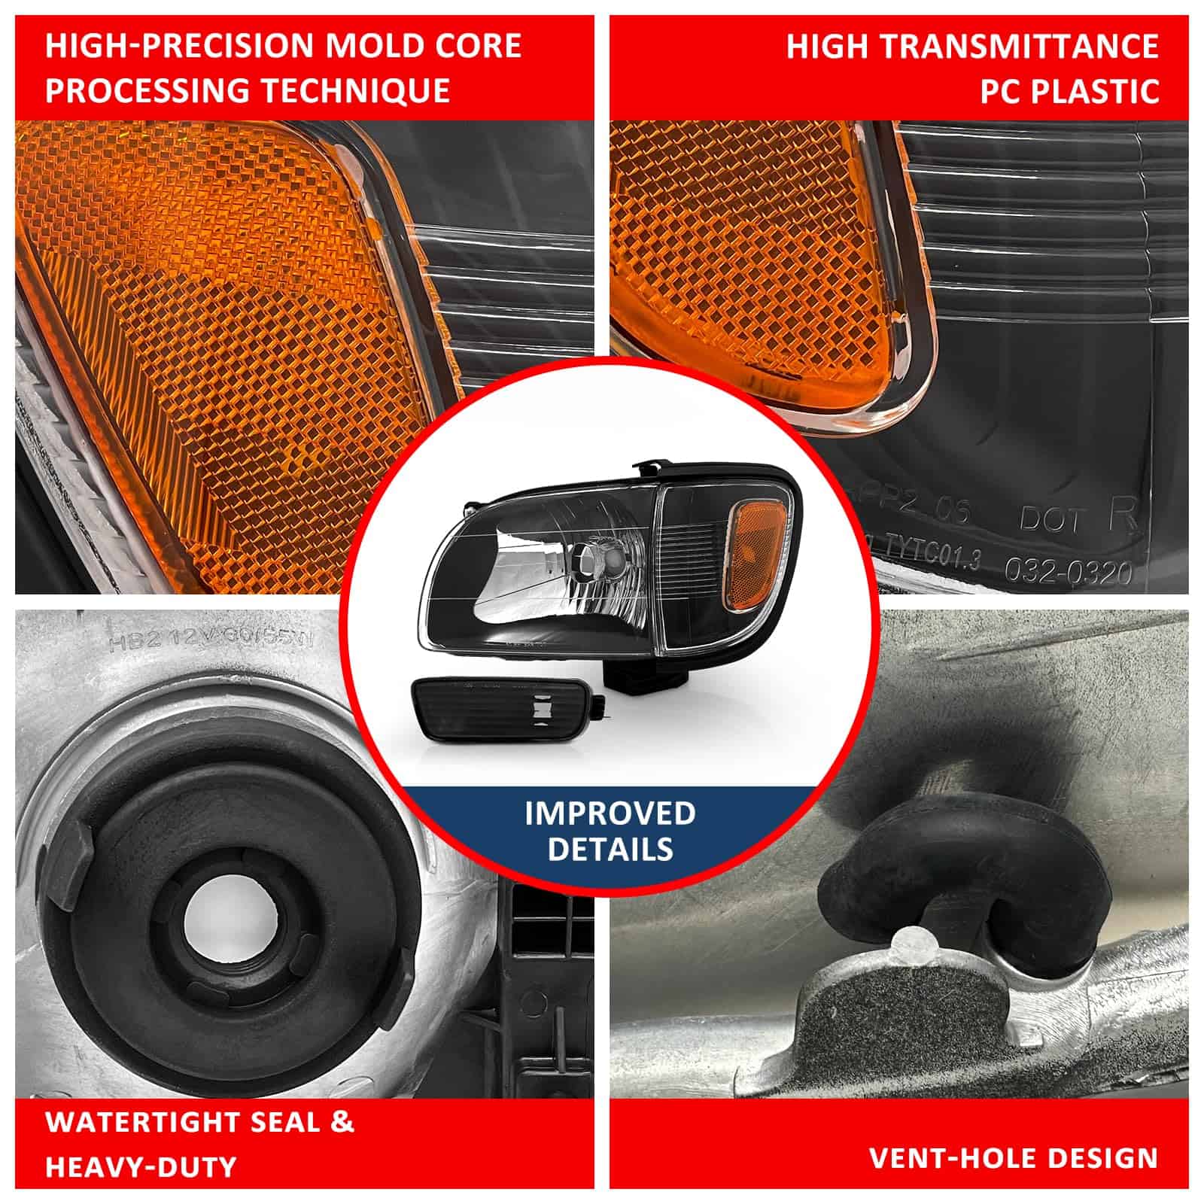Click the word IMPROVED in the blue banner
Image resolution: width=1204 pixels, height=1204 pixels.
610,813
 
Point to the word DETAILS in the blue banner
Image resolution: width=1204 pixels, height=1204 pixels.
610,849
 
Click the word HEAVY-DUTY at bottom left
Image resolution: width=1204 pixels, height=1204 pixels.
141,1167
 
